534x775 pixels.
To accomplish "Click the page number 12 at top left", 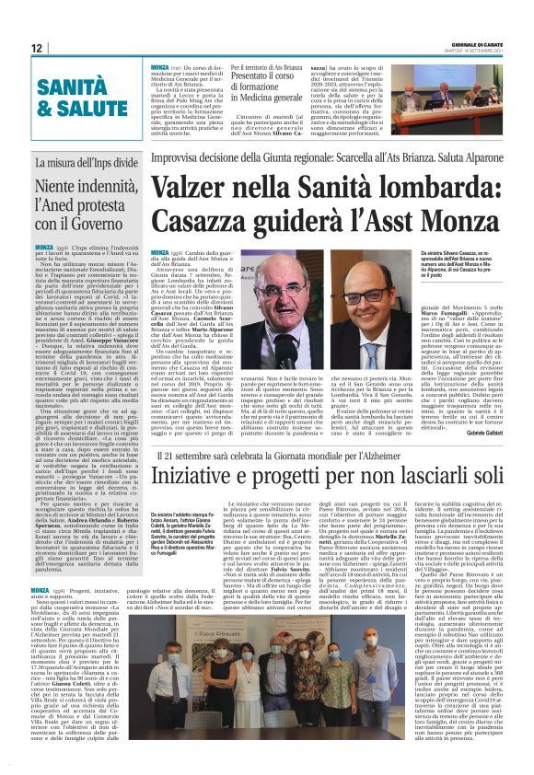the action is tap(38, 48).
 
